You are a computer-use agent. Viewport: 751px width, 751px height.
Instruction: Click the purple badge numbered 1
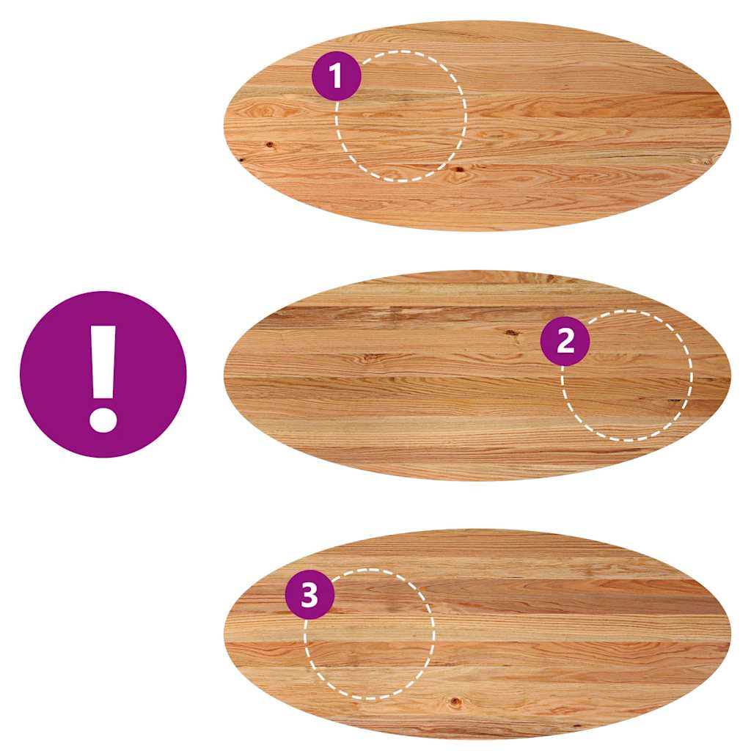tap(336, 76)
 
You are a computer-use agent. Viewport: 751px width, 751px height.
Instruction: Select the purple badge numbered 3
tap(309, 595)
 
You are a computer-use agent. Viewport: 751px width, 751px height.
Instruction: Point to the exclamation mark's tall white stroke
tap(103, 362)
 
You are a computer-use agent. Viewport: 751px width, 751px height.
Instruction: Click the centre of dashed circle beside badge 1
tap(400, 116)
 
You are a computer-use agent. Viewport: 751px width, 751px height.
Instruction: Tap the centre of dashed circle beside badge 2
tap(627, 375)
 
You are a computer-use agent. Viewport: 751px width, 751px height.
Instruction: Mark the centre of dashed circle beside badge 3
tap(370, 634)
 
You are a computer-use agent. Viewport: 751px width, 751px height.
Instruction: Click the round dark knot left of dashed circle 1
tap(270, 144)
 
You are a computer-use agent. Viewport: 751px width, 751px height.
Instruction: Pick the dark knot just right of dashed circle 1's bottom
tap(458, 169)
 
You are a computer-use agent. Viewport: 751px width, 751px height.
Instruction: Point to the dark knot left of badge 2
tap(512, 332)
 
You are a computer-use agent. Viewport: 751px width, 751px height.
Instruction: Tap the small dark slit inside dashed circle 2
tap(675, 400)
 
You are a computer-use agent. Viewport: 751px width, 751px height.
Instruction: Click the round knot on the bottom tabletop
tap(455, 702)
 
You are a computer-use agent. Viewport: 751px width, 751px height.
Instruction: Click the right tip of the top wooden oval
tap(730, 125)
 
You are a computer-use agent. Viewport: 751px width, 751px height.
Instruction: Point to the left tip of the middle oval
tap(224, 375)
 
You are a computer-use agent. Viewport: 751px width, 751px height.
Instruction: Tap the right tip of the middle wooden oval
tap(730, 375)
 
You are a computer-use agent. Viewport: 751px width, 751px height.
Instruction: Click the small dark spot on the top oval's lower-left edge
tap(241, 160)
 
